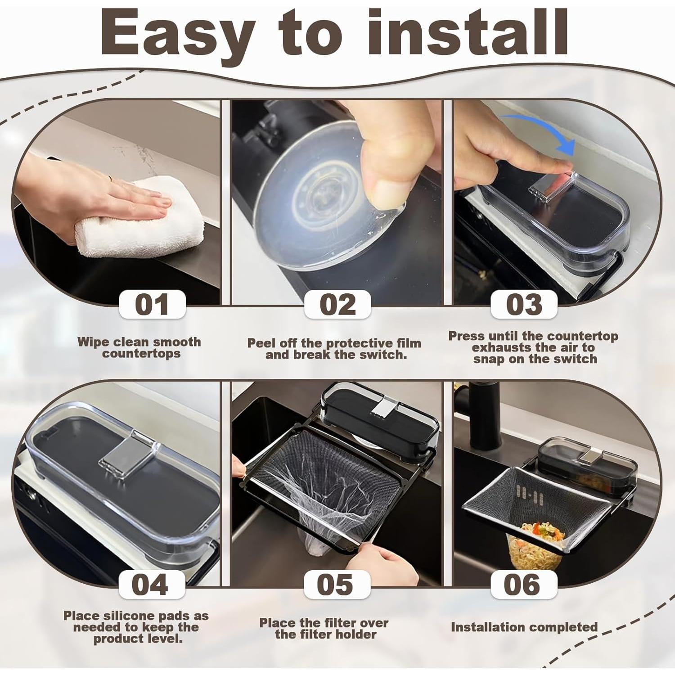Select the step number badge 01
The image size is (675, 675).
(x=152, y=305)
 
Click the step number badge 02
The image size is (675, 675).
(x=337, y=305)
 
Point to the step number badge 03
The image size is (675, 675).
(x=524, y=305)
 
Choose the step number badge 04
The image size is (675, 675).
(x=152, y=585)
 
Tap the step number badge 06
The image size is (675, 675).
(x=524, y=585)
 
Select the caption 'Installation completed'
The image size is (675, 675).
(x=524, y=627)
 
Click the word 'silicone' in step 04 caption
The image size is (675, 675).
(x=129, y=616)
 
